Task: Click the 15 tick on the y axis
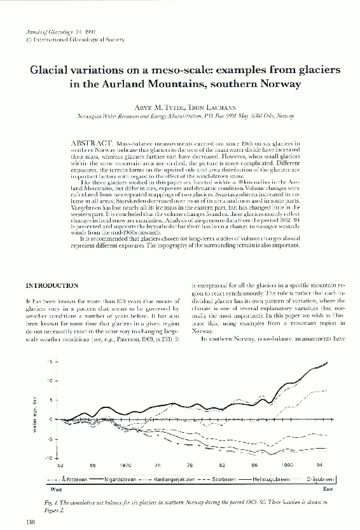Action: (50, 362)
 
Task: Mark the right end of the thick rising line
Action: (328, 362)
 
